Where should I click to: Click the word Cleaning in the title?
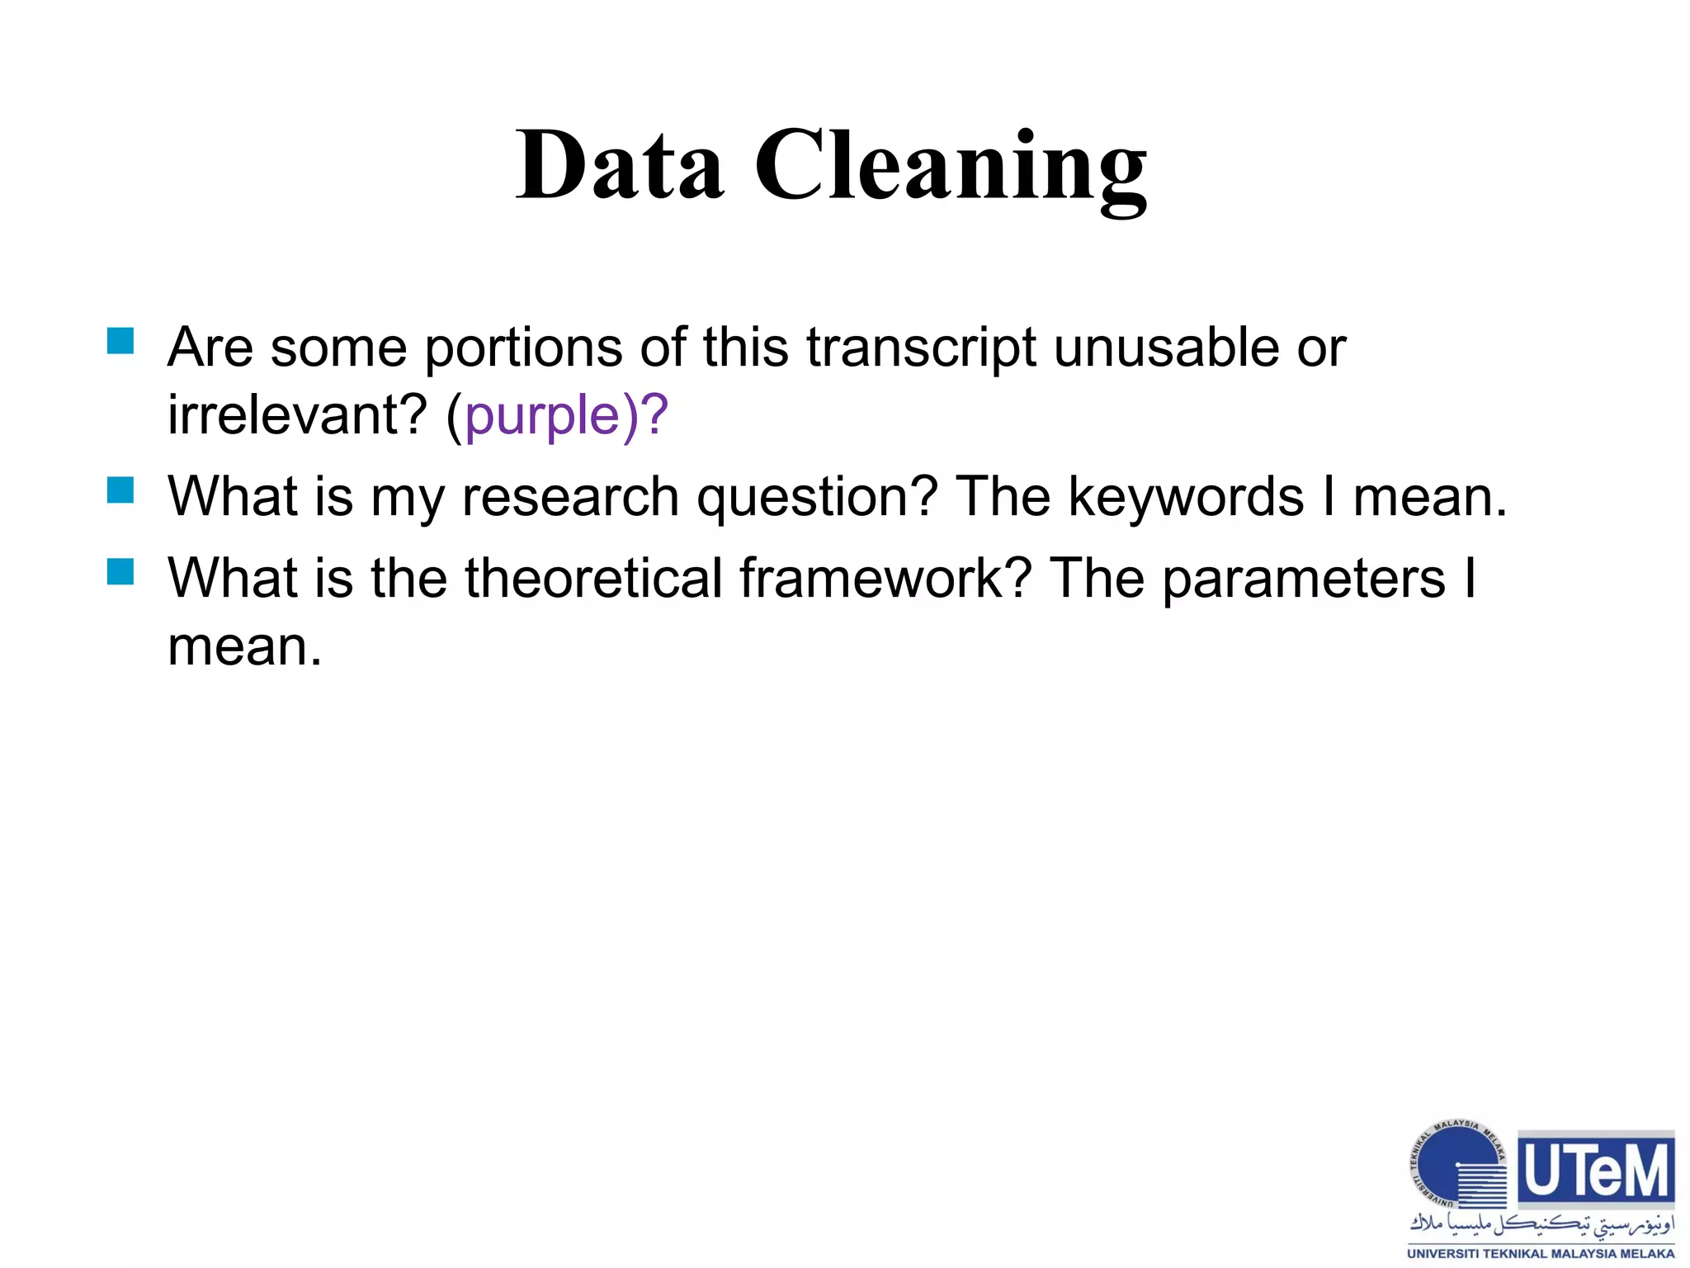tap(950, 169)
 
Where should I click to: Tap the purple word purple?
tap(541, 417)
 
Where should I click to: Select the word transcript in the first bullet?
tap(921, 348)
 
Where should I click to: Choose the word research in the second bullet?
tap(570, 499)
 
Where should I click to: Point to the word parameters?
tap(1304, 580)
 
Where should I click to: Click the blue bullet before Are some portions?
tap(120, 341)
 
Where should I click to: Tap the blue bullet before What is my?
tap(120, 490)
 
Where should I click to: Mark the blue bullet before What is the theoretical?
tap(120, 571)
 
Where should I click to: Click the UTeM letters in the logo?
tap(1596, 1170)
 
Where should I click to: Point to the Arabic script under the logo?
tap(1541, 1224)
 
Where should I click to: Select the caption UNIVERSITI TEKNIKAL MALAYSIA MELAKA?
tap(1541, 1253)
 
